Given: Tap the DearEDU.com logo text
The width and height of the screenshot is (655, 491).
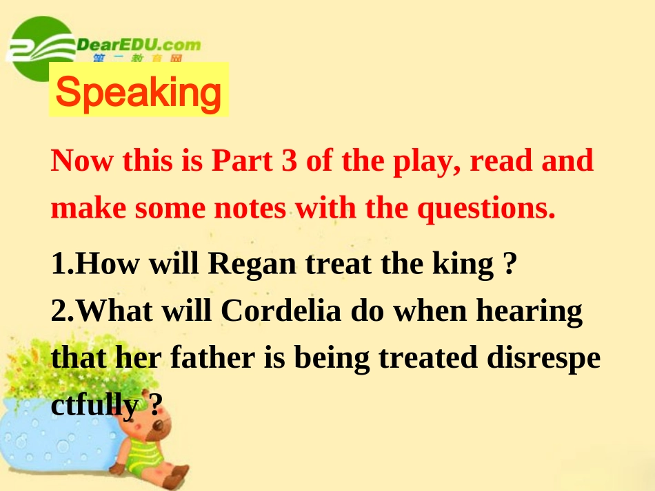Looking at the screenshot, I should click(x=139, y=45).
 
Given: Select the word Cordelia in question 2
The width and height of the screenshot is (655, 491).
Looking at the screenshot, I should click(x=282, y=311).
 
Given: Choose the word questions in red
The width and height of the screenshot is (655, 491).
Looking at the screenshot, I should click(x=487, y=209).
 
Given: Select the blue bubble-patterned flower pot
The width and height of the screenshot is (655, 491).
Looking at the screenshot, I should click(x=55, y=441).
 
